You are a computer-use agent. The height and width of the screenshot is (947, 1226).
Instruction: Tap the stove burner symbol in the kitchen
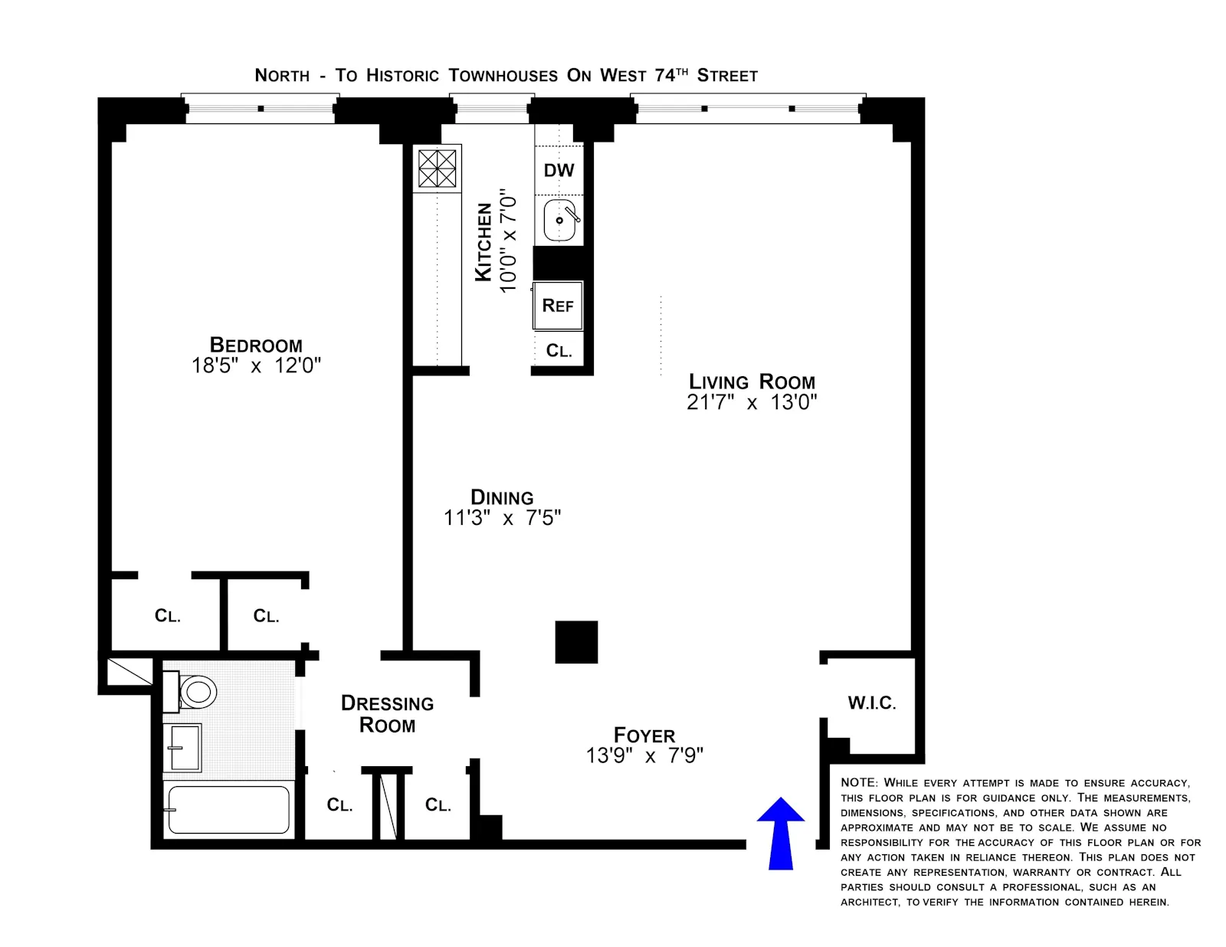pos(437,169)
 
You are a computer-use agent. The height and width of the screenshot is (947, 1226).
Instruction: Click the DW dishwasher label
pos(559,170)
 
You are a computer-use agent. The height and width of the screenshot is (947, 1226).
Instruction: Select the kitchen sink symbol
pos(560,220)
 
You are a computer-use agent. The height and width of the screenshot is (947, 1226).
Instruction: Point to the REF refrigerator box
pos(558,306)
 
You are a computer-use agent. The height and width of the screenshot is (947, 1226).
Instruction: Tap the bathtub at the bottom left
pos(228,810)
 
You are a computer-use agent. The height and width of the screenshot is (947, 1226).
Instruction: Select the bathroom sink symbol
pos(183,748)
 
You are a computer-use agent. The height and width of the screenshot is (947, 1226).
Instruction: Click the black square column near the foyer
pos(576,642)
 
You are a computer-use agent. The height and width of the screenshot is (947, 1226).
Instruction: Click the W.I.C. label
pos(871,703)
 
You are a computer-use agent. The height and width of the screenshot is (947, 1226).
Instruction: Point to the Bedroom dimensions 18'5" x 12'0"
pos(256,365)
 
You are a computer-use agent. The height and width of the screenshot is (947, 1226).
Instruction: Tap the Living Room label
pos(752,382)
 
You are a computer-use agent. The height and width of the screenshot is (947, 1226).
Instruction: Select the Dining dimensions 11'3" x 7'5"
pos(502,518)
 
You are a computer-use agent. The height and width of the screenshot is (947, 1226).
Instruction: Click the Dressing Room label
pos(387,714)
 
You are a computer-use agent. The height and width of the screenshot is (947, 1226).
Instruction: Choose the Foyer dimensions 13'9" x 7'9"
pos(644,756)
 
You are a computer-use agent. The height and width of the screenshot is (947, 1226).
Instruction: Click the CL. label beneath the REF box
pos(559,351)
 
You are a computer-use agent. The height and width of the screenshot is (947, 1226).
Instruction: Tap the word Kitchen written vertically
pos(484,242)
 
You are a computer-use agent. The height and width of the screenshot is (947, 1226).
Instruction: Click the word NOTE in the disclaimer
pos(858,782)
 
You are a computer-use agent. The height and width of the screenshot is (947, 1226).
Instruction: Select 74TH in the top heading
pos(671,74)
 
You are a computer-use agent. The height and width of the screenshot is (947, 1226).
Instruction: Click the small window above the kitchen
pos(491,110)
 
